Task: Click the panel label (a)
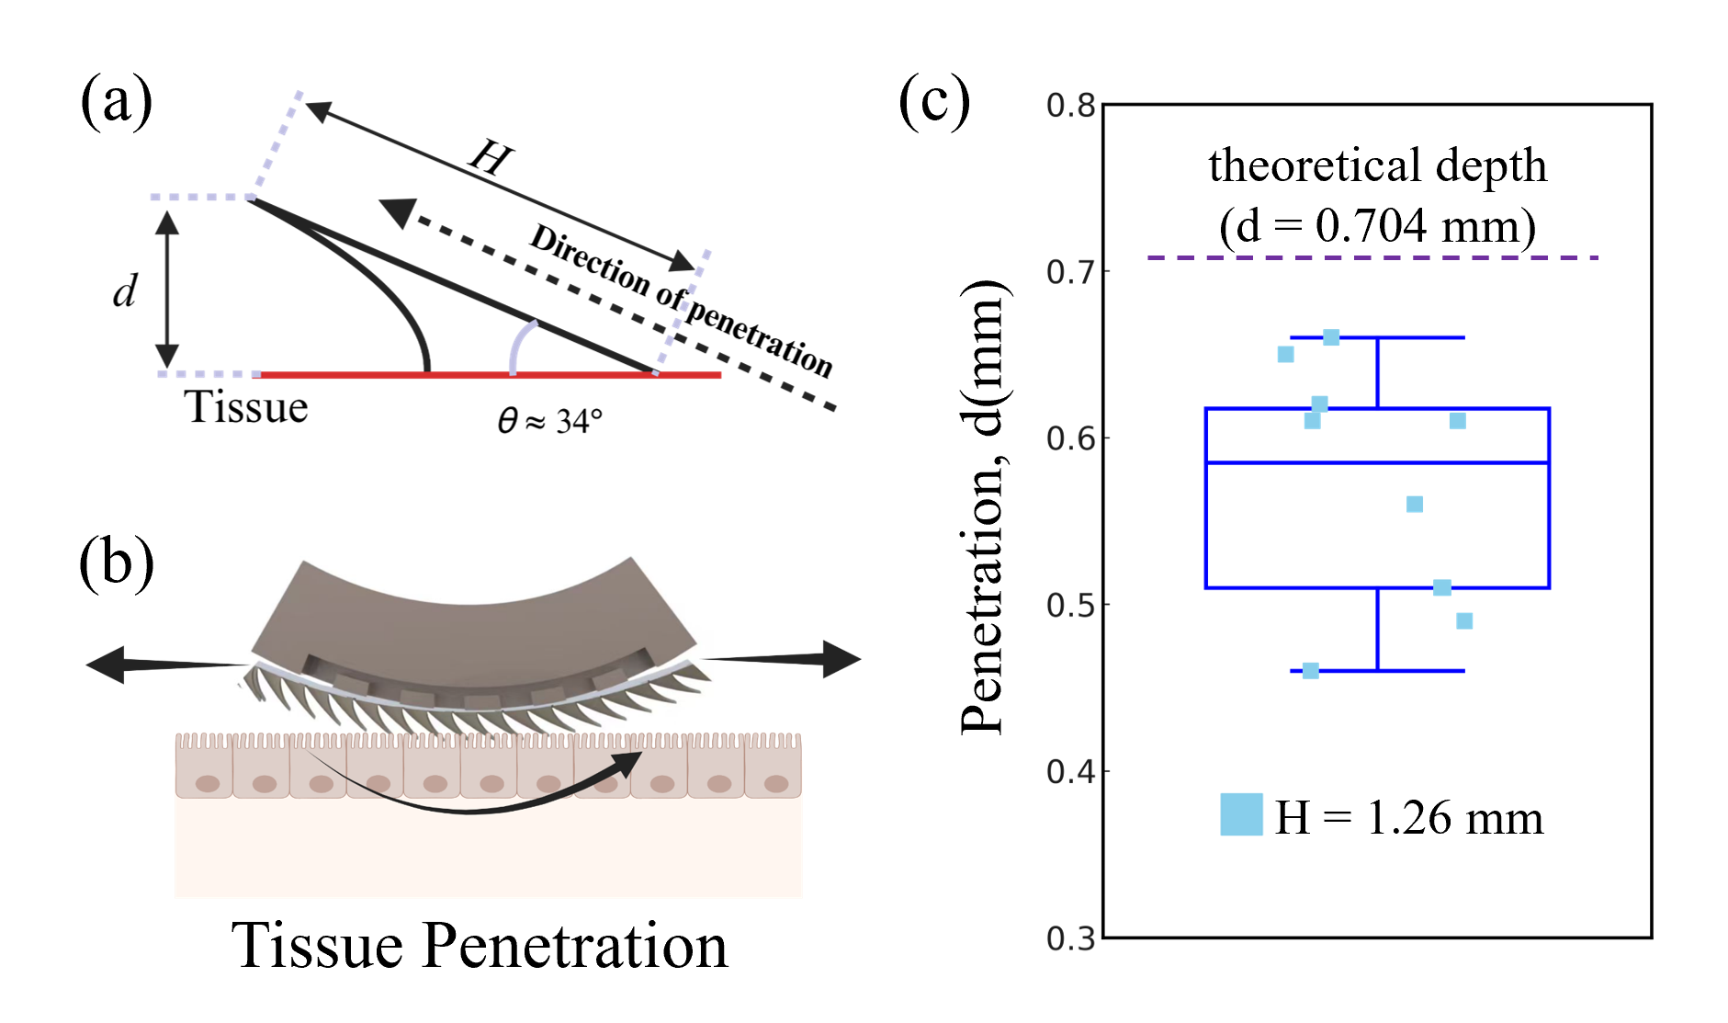[116, 101]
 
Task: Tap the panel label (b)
[116, 563]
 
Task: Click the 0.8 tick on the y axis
[1071, 106]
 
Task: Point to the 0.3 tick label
[1071, 938]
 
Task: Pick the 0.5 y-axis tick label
[1071, 606]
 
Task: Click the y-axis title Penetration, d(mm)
[985, 507]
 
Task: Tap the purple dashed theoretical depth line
[1372, 258]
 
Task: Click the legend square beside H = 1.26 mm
[1241, 814]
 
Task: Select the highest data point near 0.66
[1330, 337]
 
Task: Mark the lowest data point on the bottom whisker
[1311, 671]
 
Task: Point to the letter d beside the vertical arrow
[125, 291]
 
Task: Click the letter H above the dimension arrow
[491, 156]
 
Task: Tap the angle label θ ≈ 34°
[549, 421]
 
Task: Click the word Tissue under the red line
[247, 407]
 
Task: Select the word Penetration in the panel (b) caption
[574, 946]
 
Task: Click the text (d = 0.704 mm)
[1377, 226]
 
